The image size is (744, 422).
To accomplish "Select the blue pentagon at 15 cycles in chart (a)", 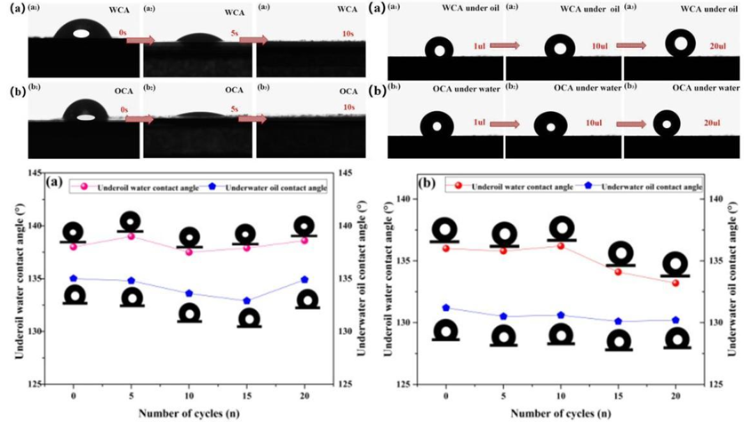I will pos(247,301).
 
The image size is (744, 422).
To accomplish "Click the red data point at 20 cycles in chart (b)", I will pos(676,283).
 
